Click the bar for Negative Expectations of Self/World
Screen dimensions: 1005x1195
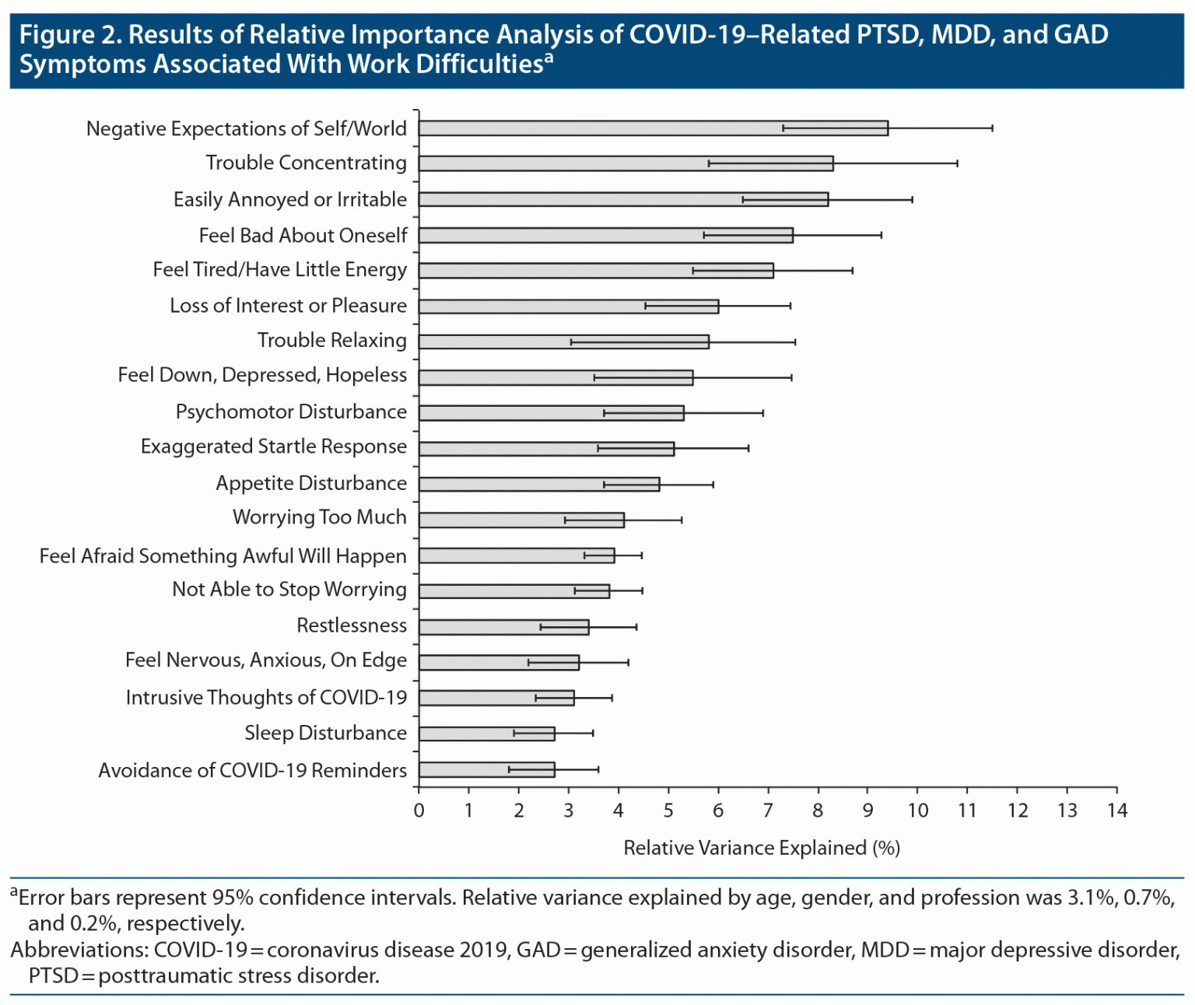click(x=654, y=128)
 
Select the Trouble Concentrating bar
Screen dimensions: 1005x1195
click(x=626, y=163)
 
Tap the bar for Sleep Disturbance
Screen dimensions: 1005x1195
click(x=486, y=734)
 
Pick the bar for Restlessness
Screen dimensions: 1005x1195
click(x=503, y=627)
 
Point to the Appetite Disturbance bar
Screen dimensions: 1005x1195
click(x=538, y=485)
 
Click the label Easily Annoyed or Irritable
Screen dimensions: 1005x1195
click(x=289, y=200)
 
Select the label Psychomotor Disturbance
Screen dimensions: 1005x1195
click(x=291, y=411)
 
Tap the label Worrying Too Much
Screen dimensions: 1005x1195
click(x=319, y=517)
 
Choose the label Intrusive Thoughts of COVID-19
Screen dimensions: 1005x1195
click(x=266, y=697)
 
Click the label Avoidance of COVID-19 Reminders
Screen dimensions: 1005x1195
click(x=252, y=770)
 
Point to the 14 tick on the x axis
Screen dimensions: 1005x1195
click(x=1117, y=811)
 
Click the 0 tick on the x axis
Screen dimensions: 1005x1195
click(x=419, y=811)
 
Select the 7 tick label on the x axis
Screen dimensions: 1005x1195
click(x=768, y=811)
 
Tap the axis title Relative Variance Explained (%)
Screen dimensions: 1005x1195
click(x=762, y=848)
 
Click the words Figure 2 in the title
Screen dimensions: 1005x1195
click(x=68, y=35)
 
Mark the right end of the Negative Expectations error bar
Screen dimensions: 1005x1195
click(x=992, y=128)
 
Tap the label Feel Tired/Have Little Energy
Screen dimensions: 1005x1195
click(x=279, y=270)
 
